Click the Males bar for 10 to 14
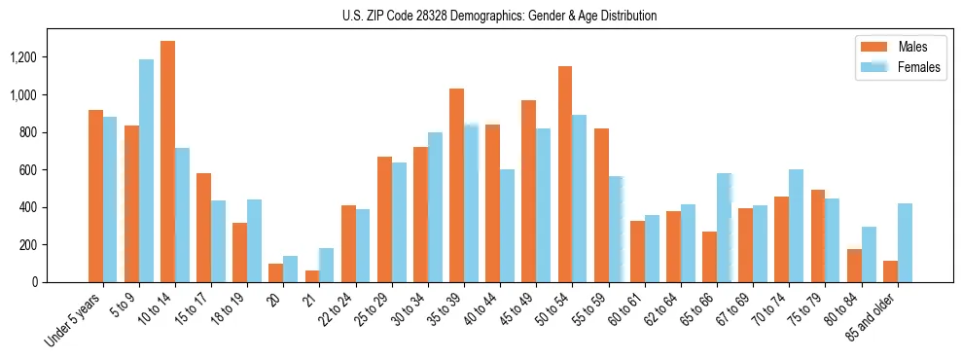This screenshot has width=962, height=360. [x=167, y=162]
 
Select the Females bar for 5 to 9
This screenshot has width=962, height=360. [x=146, y=171]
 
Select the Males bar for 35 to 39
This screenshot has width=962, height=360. [x=456, y=186]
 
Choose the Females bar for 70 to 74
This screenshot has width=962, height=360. [x=796, y=226]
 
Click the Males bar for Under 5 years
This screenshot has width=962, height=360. [x=95, y=197]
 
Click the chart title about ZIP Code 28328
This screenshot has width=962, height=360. [x=499, y=16]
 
